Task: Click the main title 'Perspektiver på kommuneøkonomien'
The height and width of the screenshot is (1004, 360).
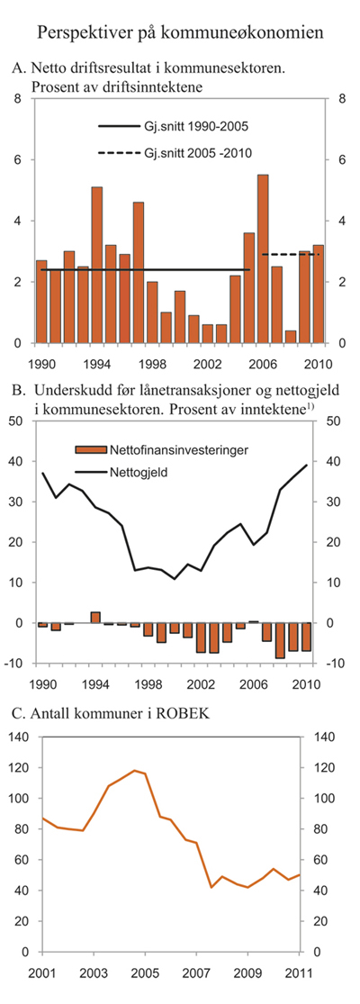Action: click(x=180, y=34)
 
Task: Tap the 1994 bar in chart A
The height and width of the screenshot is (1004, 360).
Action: click(x=97, y=266)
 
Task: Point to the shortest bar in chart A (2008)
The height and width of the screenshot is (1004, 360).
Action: click(x=291, y=337)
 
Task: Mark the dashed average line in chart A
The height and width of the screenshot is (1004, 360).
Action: click(x=290, y=255)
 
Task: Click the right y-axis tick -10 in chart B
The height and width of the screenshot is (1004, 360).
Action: click(x=332, y=664)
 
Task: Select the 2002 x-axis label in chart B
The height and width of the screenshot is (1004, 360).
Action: click(x=207, y=681)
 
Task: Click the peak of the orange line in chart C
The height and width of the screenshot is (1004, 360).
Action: click(x=134, y=770)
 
